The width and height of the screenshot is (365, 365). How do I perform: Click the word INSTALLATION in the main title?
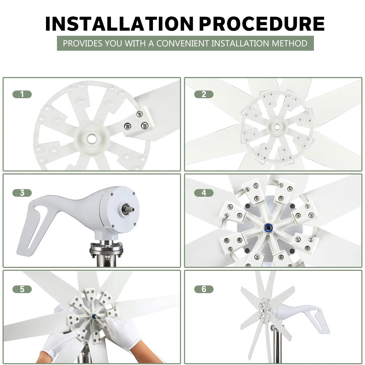119,24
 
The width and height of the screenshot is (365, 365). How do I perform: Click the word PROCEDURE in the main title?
262,24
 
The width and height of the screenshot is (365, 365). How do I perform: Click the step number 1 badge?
22,94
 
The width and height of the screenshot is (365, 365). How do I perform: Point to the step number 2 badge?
204,94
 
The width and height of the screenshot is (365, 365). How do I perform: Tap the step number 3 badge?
22,193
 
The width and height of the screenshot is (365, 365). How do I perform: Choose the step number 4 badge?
204,193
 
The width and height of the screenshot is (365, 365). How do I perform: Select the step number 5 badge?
22,289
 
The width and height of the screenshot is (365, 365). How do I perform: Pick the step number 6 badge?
204,289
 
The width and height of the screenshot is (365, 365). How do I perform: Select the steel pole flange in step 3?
106,250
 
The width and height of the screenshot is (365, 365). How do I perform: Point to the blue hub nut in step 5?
94,316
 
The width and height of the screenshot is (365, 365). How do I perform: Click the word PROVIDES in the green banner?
82,43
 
